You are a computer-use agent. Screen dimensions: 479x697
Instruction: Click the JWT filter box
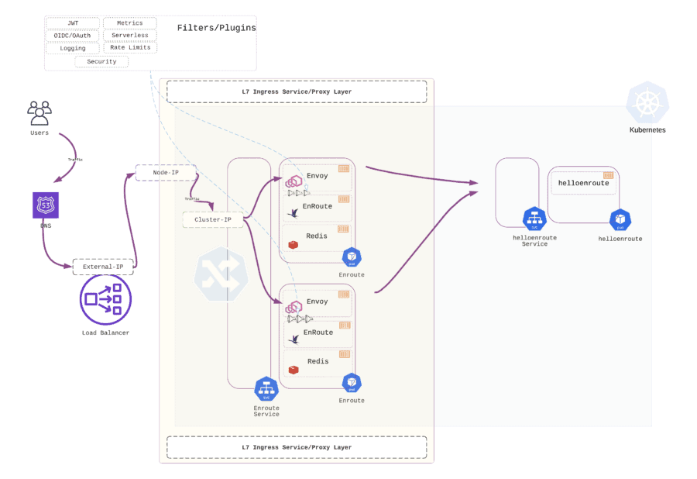click(73, 23)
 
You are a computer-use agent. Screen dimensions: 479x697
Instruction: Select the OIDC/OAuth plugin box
click(73, 36)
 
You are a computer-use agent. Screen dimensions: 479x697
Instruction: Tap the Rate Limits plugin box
click(129, 48)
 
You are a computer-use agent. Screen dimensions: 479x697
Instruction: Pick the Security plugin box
click(101, 61)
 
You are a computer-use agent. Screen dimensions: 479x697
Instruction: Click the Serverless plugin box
click(129, 36)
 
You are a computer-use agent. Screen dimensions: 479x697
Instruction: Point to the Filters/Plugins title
click(216, 28)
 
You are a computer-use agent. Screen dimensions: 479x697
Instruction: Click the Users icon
click(39, 113)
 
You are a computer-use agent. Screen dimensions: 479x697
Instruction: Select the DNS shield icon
click(44, 205)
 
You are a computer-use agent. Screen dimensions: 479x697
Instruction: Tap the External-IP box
click(103, 267)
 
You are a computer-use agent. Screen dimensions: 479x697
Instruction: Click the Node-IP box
click(166, 172)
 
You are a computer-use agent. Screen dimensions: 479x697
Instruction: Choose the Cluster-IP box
click(213, 220)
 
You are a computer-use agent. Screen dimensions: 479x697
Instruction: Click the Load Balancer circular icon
click(105, 301)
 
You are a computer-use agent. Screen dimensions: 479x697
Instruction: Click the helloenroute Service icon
click(534, 219)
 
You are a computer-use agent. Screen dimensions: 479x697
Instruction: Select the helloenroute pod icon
click(620, 220)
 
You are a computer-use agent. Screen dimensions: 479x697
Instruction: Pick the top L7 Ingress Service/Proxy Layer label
click(297, 91)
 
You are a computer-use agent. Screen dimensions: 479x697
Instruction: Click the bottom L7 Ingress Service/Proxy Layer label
click(297, 447)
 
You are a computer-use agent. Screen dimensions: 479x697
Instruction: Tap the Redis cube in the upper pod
click(294, 245)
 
